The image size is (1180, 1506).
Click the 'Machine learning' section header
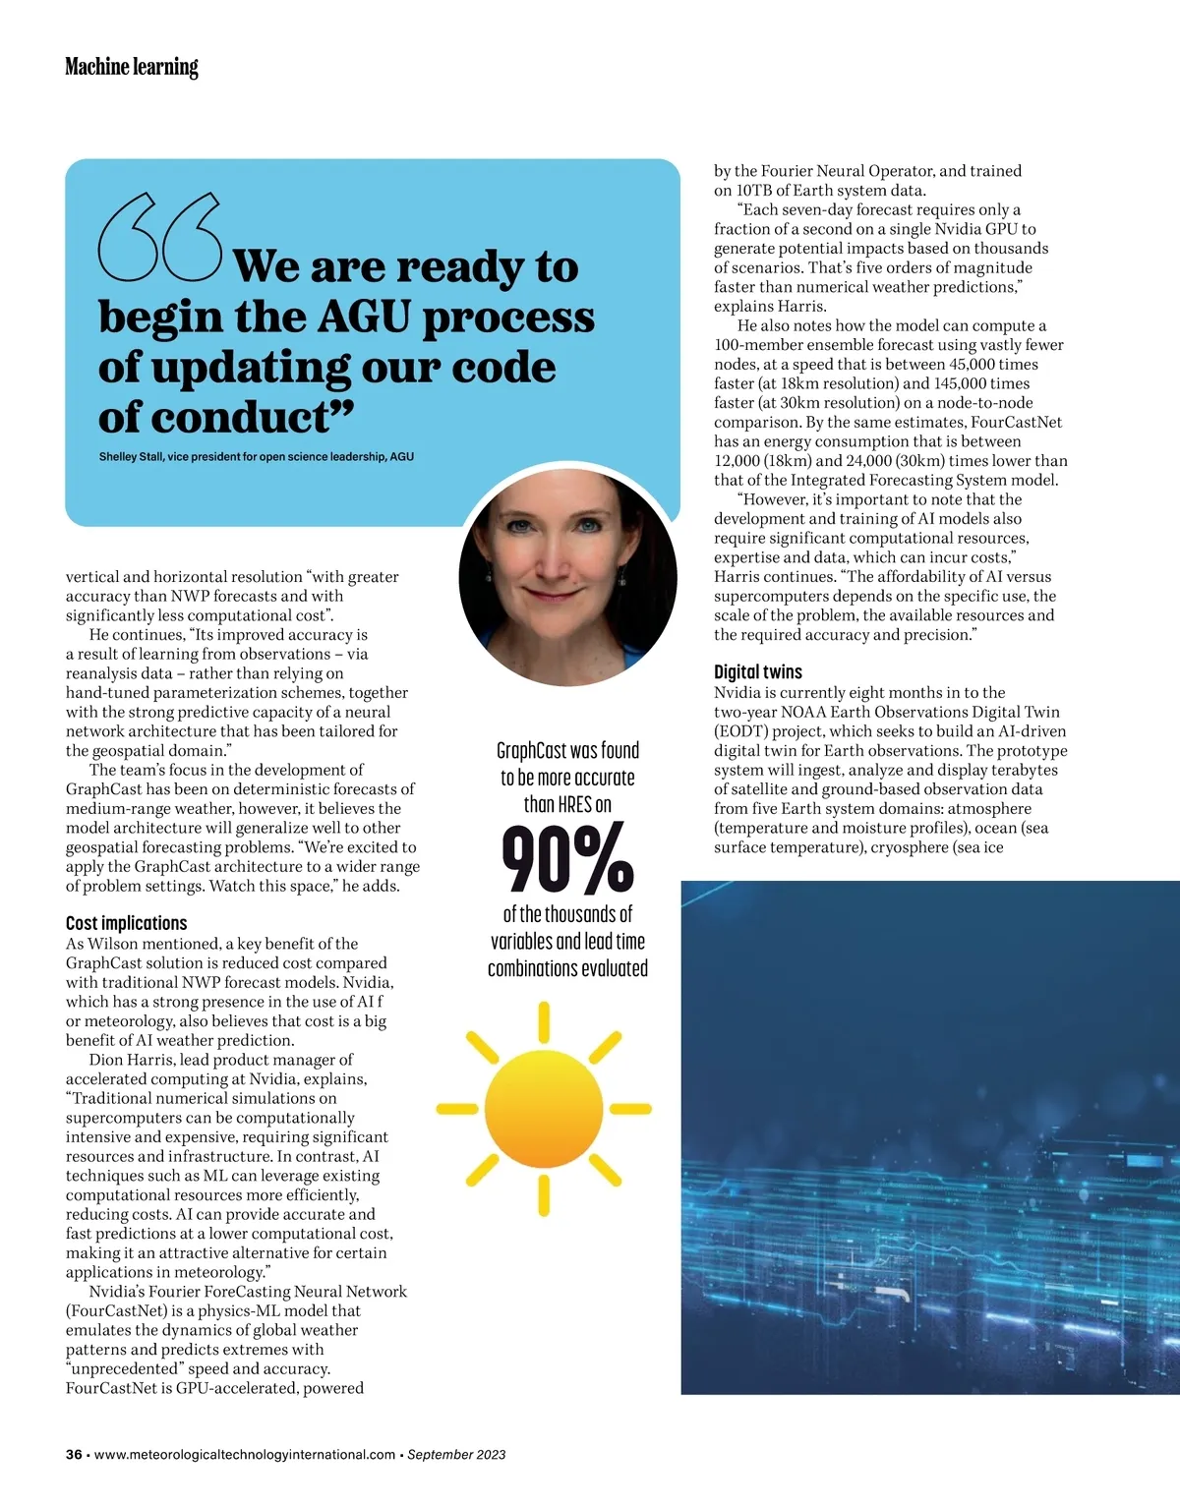[x=132, y=67]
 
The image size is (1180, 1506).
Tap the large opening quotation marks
[x=160, y=236]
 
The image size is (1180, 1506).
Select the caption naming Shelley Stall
[x=256, y=457]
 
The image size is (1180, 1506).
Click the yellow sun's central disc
[x=544, y=1109]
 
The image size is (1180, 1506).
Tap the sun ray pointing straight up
[x=544, y=1022]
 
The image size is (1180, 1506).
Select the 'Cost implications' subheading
[x=126, y=923]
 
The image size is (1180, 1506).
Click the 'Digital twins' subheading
[x=757, y=672]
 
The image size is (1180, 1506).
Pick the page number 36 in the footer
[x=74, y=1455]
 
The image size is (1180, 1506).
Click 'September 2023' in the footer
[x=456, y=1455]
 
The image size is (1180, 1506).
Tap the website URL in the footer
[x=245, y=1455]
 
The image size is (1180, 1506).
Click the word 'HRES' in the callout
[x=574, y=805]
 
